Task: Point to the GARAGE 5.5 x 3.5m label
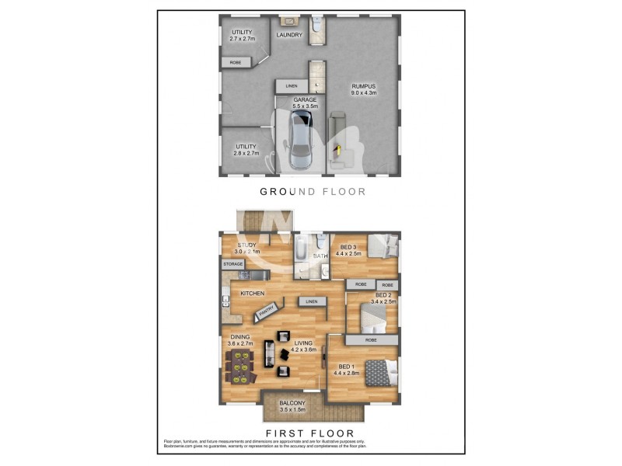[x=304, y=103]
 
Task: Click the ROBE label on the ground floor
[x=235, y=61]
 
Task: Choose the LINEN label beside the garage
[x=291, y=85]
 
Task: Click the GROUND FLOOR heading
[x=312, y=191]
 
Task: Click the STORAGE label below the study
[x=233, y=265]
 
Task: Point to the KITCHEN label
[x=253, y=293]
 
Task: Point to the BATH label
[x=320, y=255]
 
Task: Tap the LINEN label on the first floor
[x=311, y=301]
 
